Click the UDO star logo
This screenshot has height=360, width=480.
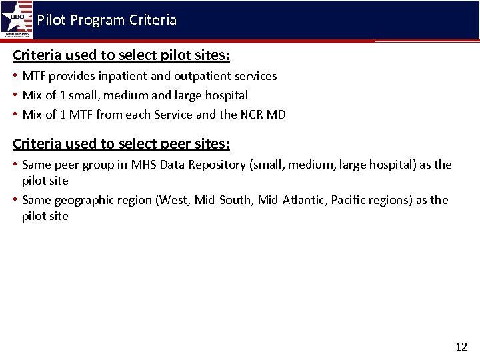tap(17, 19)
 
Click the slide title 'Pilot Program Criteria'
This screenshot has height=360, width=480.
tap(107, 20)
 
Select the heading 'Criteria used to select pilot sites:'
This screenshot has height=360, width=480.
tap(121, 54)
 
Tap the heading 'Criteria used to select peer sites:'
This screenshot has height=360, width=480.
tap(121, 143)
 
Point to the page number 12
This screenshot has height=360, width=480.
tap(461, 347)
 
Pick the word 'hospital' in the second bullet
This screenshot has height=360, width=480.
tap(227, 95)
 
